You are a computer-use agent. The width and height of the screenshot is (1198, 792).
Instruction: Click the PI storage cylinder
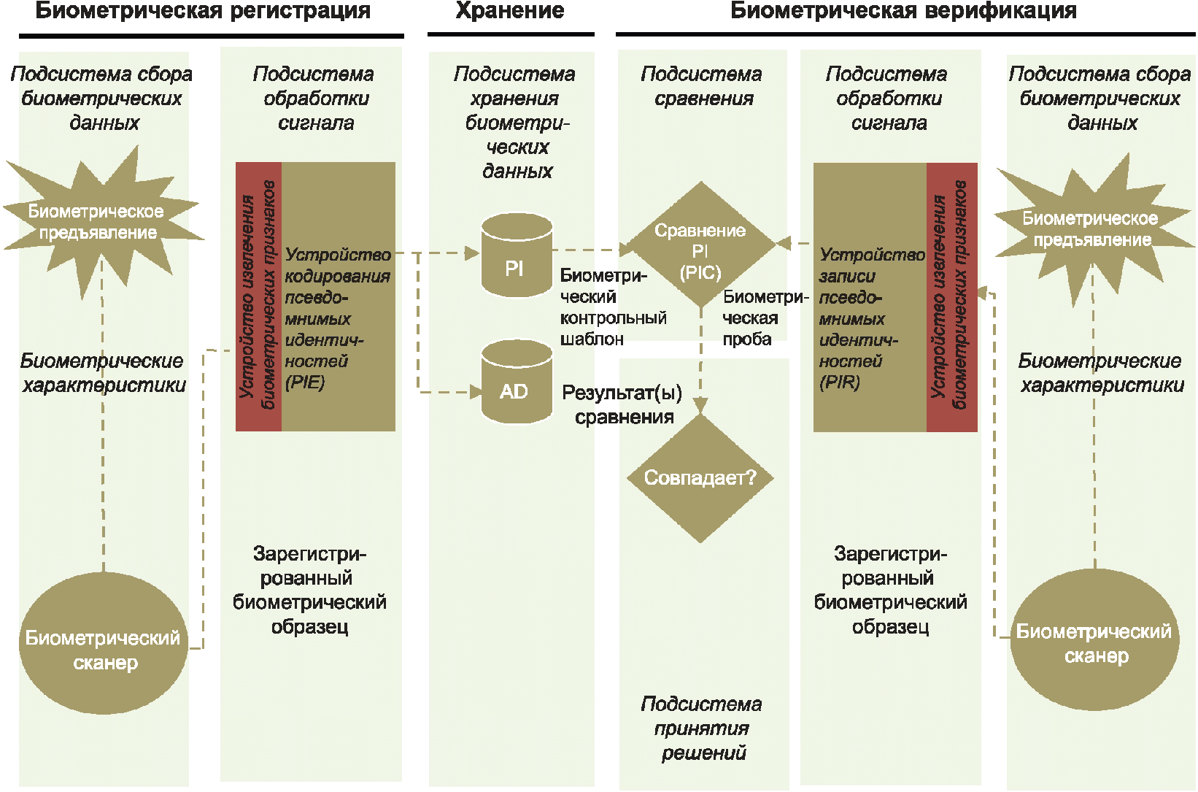(x=517, y=257)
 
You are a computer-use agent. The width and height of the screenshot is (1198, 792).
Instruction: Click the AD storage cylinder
(x=517, y=382)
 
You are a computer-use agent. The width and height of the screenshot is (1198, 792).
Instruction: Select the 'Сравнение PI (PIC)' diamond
(x=700, y=245)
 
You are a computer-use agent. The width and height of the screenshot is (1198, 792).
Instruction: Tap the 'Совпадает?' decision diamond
(x=700, y=478)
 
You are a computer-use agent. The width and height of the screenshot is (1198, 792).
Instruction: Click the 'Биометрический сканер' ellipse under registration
(x=103, y=644)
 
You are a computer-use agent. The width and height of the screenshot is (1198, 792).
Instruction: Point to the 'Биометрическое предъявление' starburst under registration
(x=99, y=222)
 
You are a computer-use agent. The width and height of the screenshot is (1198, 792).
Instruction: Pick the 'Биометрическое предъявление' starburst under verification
(x=1092, y=228)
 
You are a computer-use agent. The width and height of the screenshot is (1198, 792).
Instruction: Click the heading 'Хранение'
(x=510, y=11)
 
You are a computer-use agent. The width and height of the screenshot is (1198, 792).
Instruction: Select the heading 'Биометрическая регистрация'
(x=203, y=11)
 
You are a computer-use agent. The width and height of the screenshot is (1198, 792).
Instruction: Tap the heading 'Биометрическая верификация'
(x=903, y=11)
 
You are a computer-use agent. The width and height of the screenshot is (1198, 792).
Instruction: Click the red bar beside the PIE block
(x=258, y=296)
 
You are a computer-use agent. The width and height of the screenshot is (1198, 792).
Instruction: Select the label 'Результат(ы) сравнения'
(x=622, y=405)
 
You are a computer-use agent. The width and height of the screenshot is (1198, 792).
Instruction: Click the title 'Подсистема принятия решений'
(x=702, y=728)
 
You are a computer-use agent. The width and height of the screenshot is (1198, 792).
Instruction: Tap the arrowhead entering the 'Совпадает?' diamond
(x=700, y=406)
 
